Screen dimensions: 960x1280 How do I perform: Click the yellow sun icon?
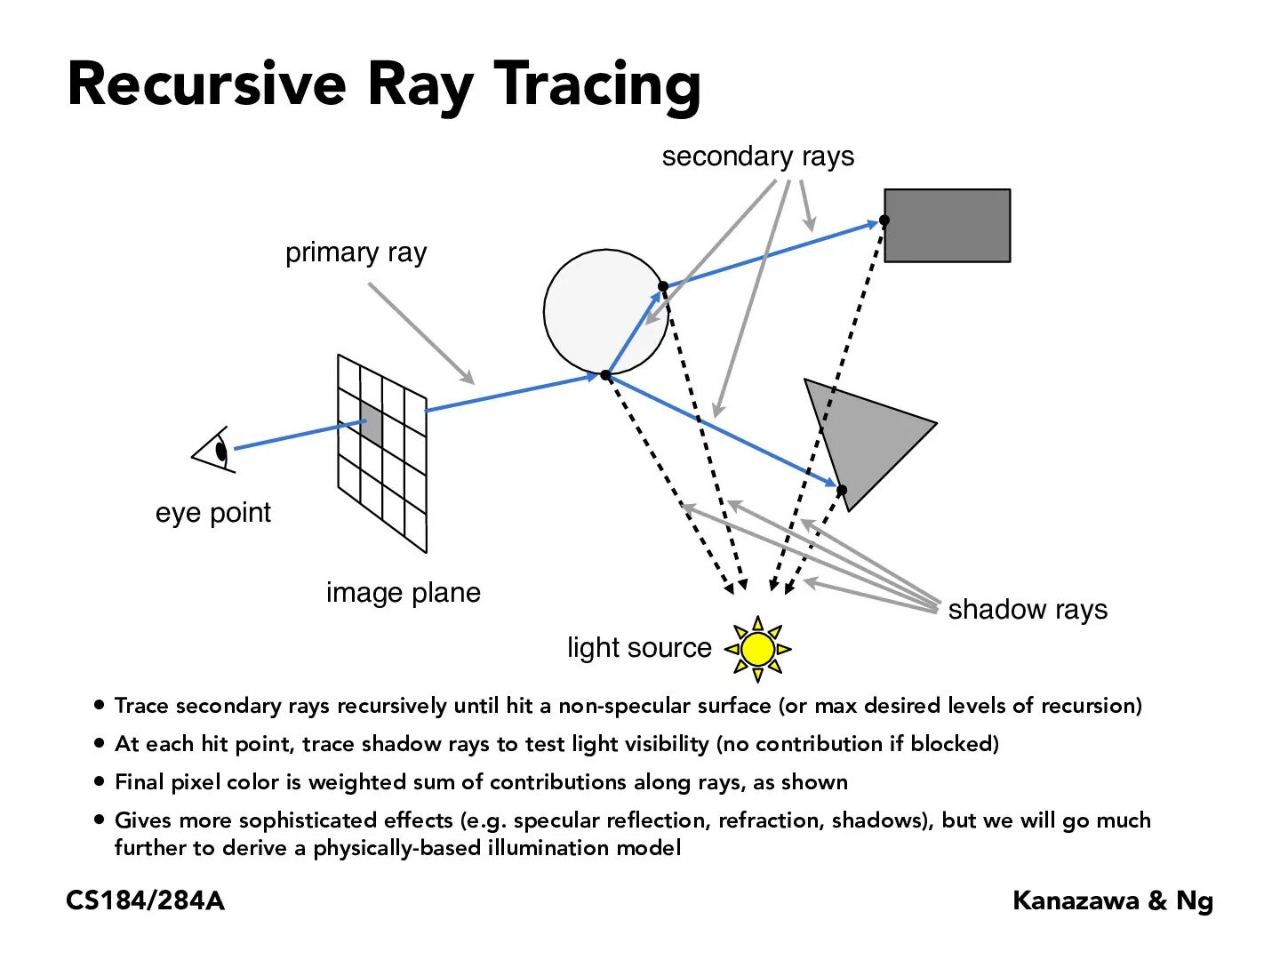click(757, 649)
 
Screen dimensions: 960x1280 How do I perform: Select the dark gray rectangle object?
click(947, 225)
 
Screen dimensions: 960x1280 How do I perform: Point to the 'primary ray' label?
click(356, 253)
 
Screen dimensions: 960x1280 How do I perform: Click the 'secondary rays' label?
click(757, 156)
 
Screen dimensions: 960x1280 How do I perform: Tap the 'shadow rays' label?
click(1028, 610)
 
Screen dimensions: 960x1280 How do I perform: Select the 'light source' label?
click(639, 648)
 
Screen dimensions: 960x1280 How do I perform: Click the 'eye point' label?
click(212, 513)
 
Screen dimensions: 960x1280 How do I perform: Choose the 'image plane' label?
click(403, 593)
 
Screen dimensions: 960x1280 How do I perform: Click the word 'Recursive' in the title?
click(206, 84)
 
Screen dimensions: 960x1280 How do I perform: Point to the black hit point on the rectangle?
click(884, 220)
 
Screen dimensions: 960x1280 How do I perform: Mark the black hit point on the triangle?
click(842, 490)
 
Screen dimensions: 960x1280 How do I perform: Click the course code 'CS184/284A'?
click(145, 901)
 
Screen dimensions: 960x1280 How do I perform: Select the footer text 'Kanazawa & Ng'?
click(1112, 901)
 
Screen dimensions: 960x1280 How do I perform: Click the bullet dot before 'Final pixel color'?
click(99, 782)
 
